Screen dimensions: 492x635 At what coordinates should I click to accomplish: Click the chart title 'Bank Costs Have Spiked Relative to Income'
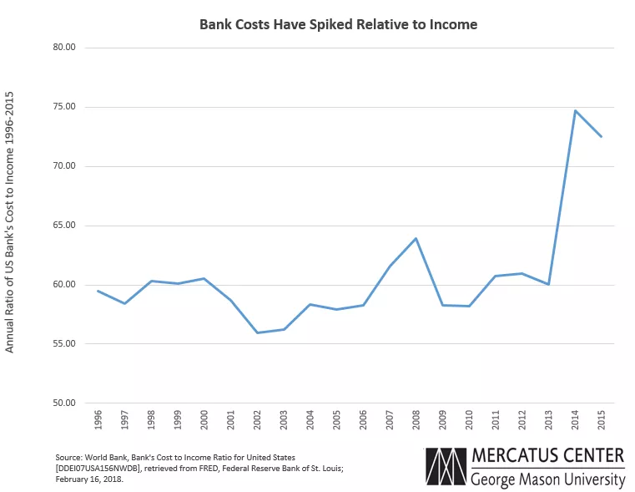click(338, 24)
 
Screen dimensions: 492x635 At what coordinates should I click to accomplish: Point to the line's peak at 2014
click(575, 110)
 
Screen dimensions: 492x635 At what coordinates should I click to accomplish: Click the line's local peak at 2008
click(416, 238)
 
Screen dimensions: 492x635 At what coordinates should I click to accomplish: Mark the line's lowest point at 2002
click(257, 333)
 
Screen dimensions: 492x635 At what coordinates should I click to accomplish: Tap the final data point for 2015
click(601, 137)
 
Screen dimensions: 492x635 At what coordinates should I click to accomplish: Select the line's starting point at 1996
click(98, 291)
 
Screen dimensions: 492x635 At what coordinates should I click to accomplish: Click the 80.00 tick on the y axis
click(64, 48)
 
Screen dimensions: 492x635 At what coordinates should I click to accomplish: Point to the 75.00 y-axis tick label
click(64, 107)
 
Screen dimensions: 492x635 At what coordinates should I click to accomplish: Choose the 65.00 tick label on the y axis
click(64, 226)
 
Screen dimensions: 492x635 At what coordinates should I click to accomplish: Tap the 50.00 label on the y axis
click(64, 403)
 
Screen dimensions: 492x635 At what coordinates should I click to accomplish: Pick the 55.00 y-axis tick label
click(64, 344)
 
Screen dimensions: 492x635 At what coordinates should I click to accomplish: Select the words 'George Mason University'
click(547, 479)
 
